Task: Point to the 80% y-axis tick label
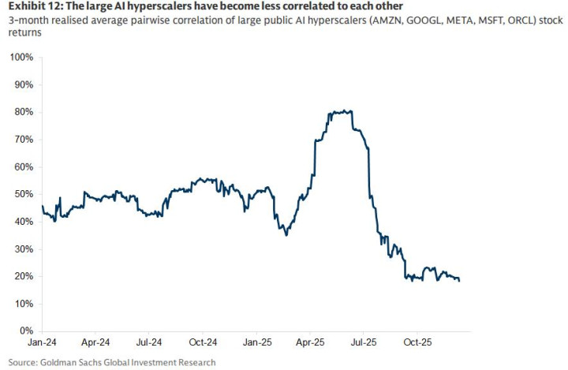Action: click(23, 112)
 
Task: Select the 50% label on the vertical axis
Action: click(23, 194)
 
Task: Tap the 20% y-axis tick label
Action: click(23, 276)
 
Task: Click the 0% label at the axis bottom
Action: click(25, 331)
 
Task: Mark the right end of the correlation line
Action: click(459, 280)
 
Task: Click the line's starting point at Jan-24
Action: click(43, 206)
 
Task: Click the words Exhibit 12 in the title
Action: click(31, 7)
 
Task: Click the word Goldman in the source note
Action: click(63, 362)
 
